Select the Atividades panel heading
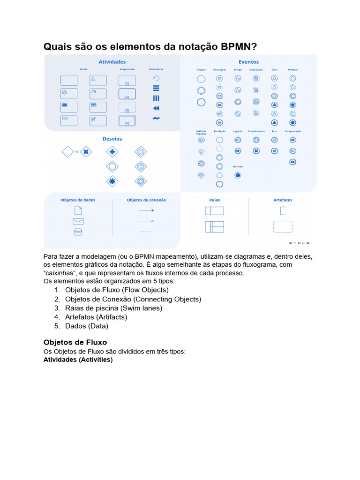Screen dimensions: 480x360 (x=112, y=62)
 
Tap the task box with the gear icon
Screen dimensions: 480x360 (x=69, y=93)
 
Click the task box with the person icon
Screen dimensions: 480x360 (x=98, y=80)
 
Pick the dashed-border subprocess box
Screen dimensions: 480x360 (x=127, y=107)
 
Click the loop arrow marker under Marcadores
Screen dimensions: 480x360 (x=156, y=78)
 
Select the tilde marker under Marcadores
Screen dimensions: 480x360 (x=156, y=118)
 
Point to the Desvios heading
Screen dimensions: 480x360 (x=112, y=139)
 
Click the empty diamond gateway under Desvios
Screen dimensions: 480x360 (x=68, y=152)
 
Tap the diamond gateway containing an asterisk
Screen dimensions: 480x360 (x=112, y=181)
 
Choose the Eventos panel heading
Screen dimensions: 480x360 (x=248, y=62)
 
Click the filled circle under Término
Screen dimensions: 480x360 (x=238, y=175)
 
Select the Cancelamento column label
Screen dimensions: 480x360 (x=256, y=132)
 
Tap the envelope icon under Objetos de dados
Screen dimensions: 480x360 (x=78, y=221)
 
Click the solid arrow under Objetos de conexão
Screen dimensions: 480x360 (x=146, y=210)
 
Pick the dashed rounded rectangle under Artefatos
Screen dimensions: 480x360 (x=283, y=227)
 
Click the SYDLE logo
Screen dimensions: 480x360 (x=299, y=243)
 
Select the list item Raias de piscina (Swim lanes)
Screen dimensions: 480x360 (x=113, y=308)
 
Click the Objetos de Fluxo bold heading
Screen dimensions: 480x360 (x=75, y=342)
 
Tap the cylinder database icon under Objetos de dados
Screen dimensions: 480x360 (x=78, y=232)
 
